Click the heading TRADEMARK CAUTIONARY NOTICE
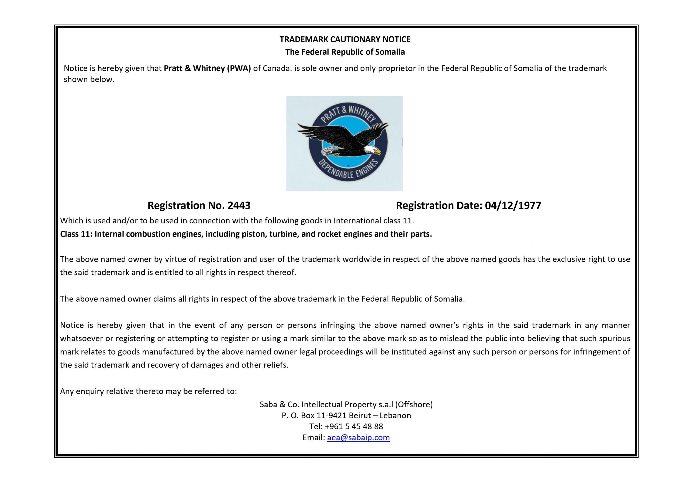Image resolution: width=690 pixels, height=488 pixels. pyautogui.click(x=345, y=39)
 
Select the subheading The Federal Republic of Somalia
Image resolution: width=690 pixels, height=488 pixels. pyautogui.click(x=345, y=52)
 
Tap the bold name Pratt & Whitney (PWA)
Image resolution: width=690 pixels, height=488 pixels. pyautogui.click(x=207, y=68)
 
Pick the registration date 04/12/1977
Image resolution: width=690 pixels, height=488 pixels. pyautogui.click(x=513, y=206)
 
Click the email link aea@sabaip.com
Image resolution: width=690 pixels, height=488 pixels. pyautogui.click(x=358, y=438)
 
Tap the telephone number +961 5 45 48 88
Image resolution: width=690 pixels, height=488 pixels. pyautogui.click(x=354, y=426)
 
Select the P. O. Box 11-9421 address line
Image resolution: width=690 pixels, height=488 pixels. pyautogui.click(x=346, y=416)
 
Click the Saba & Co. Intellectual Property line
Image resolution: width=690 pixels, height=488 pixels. pyautogui.click(x=346, y=404)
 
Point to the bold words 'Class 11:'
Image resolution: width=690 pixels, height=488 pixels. pyautogui.click(x=76, y=234)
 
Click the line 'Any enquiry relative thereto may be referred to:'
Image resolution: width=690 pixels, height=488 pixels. pyautogui.click(x=149, y=391)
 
